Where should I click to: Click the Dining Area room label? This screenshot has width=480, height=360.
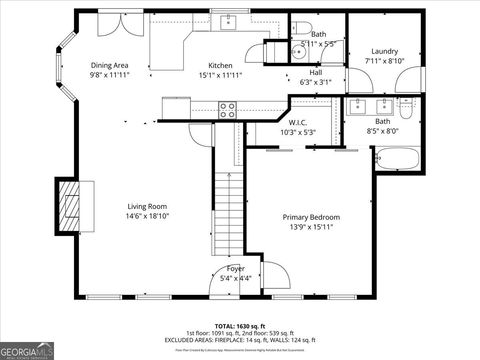click(110, 65)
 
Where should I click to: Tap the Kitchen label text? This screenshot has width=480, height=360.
click(219, 65)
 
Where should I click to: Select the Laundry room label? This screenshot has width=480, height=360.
click(385, 51)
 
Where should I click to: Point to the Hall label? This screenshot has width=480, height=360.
click(315, 72)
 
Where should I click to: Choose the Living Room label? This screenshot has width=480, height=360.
click(147, 207)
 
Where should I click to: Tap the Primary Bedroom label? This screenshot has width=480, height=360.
click(310, 217)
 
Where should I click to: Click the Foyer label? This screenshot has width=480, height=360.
click(235, 268)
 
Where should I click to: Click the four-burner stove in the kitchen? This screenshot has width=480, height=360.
click(227, 110)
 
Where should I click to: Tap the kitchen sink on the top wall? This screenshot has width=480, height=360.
click(229, 23)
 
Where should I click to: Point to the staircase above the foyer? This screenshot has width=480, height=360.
click(230, 210)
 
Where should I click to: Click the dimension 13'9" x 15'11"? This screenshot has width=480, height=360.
click(310, 228)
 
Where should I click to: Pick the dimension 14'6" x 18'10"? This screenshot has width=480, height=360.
click(147, 217)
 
